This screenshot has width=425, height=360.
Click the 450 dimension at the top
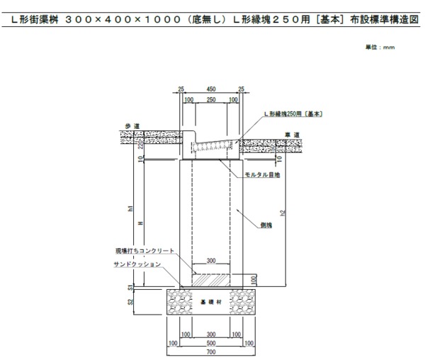pyautogui.click(x=211, y=89)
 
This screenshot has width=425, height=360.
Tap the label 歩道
pyautogui.click(x=132, y=126)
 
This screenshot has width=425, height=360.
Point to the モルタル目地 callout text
pyautogui.click(x=263, y=174)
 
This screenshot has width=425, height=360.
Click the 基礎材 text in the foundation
pyautogui.click(x=211, y=301)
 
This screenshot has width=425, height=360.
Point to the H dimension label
pyautogui.click(x=140, y=223)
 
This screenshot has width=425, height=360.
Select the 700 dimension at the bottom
pyautogui.click(x=211, y=352)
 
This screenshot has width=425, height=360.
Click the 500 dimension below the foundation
pyautogui.click(x=211, y=343)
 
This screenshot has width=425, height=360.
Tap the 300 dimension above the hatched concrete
pyautogui.click(x=211, y=261)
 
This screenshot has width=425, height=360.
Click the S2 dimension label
pyautogui.click(x=130, y=301)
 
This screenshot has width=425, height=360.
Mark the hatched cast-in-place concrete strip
pyautogui.click(x=211, y=281)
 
